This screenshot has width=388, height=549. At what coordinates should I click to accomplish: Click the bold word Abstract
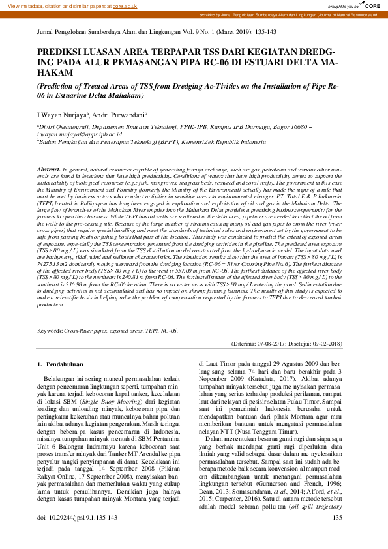coord(50,168)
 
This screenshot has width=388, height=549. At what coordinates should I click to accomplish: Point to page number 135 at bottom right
coord(337,535)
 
